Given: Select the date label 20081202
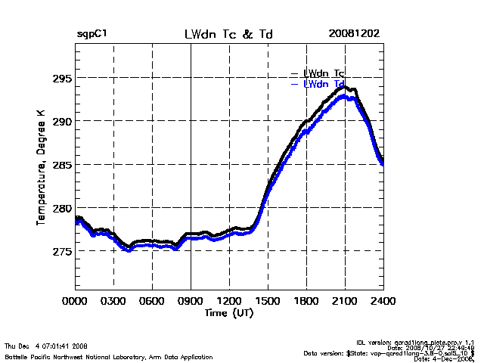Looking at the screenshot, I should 354,34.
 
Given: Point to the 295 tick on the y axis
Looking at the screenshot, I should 60,78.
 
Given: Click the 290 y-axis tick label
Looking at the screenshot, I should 60,121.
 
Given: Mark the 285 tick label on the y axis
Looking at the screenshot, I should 60,164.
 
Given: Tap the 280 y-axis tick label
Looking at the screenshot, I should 60,207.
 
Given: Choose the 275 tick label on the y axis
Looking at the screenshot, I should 60,250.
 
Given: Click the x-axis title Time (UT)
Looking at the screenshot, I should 228,312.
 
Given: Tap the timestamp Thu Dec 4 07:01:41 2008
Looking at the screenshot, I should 45,346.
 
